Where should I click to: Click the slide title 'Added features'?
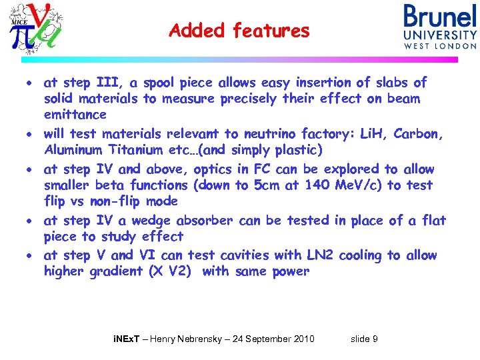[x=239, y=31]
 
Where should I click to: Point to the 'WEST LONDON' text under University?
[x=440, y=46]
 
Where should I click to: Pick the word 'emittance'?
[x=75, y=115]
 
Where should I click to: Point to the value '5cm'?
[x=267, y=185]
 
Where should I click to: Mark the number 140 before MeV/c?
[x=317, y=185]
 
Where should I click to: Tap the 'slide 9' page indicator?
[x=364, y=339]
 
